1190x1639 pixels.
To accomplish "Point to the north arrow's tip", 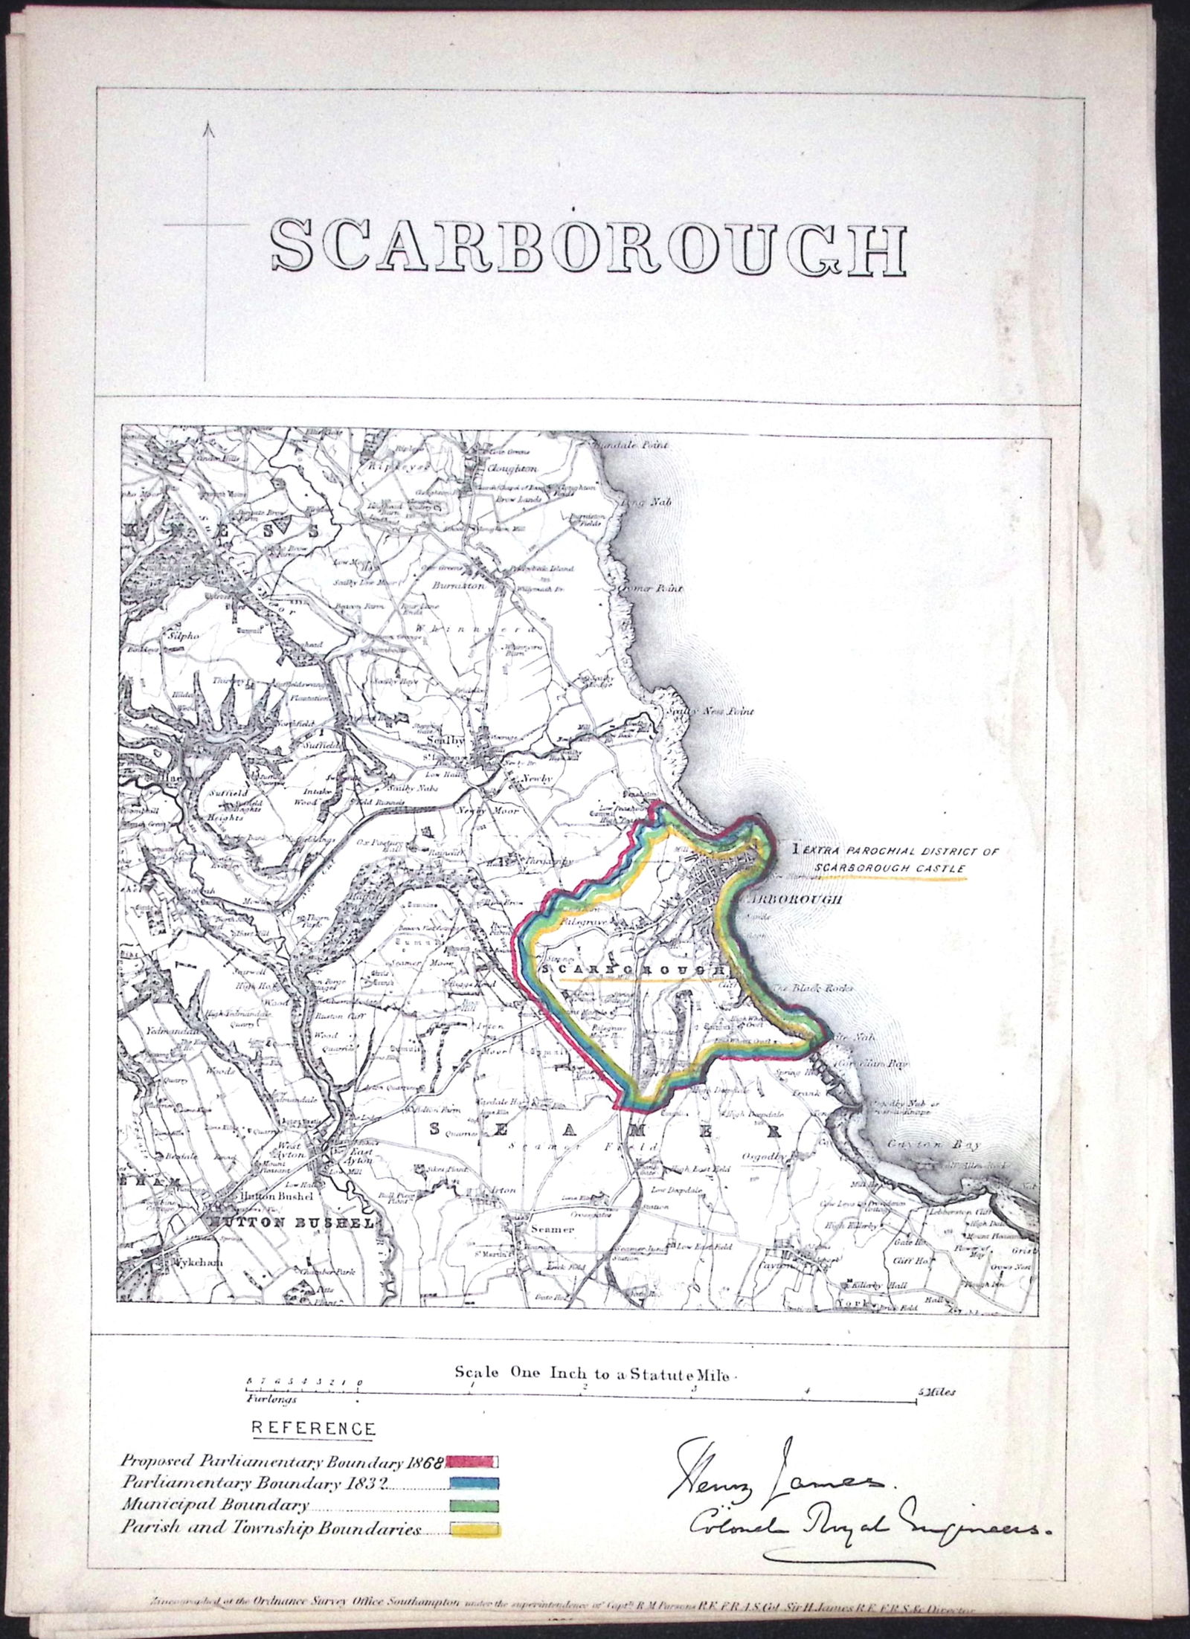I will click(209, 125).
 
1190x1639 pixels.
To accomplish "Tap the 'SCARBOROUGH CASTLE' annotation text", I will click(889, 868).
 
